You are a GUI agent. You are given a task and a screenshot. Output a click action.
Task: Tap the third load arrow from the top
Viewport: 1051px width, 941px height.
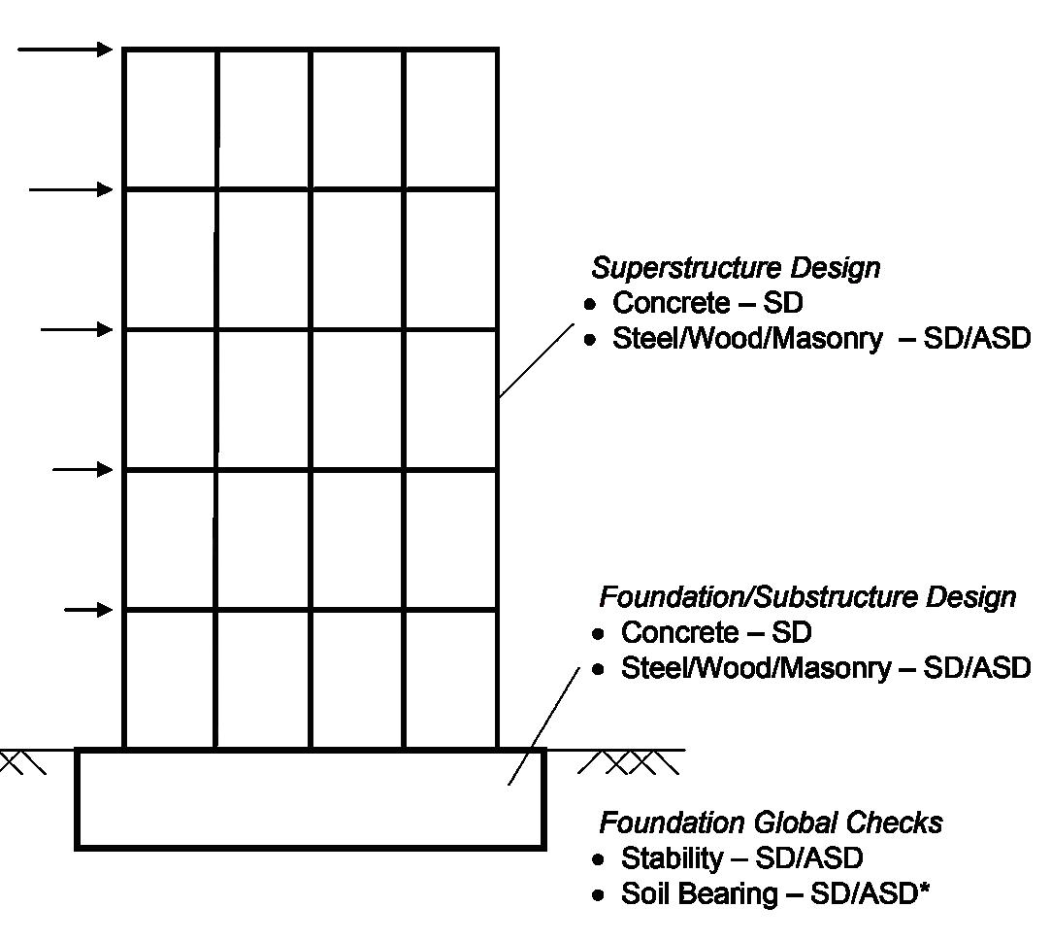(x=78, y=330)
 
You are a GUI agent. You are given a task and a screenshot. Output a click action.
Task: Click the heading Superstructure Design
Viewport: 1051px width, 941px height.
(x=736, y=267)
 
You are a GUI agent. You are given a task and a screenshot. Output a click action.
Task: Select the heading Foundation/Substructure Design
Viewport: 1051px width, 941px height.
(x=806, y=596)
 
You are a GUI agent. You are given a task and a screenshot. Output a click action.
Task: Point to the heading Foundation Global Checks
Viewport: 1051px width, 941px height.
(x=771, y=823)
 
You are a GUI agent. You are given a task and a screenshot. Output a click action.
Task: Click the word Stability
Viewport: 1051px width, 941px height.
(x=672, y=859)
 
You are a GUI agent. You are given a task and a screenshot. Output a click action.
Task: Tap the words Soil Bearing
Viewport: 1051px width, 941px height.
(x=698, y=894)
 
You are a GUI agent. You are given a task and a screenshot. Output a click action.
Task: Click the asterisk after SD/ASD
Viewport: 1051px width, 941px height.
(x=924, y=889)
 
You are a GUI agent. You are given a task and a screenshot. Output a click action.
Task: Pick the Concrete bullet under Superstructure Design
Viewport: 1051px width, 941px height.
(x=707, y=303)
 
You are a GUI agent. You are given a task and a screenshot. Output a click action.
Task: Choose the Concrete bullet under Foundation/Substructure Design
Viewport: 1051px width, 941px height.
(x=716, y=633)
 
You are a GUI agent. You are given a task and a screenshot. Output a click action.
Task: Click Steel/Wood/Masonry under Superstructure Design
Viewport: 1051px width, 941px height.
(x=747, y=339)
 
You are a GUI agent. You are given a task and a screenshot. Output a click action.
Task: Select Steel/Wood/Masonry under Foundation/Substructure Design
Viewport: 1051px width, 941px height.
(x=755, y=669)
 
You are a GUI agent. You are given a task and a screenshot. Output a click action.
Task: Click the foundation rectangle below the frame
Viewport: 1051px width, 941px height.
(x=311, y=799)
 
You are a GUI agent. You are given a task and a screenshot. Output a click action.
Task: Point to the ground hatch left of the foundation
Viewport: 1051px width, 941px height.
(x=23, y=763)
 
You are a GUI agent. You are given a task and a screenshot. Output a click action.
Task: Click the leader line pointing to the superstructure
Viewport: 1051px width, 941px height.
(x=536, y=361)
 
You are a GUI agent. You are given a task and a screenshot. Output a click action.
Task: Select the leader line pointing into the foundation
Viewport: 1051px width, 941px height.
(x=543, y=724)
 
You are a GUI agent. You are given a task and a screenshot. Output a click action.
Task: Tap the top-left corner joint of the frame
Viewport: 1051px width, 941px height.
(x=124, y=50)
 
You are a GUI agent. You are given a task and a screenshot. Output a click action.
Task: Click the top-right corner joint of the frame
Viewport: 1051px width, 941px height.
(x=498, y=50)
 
